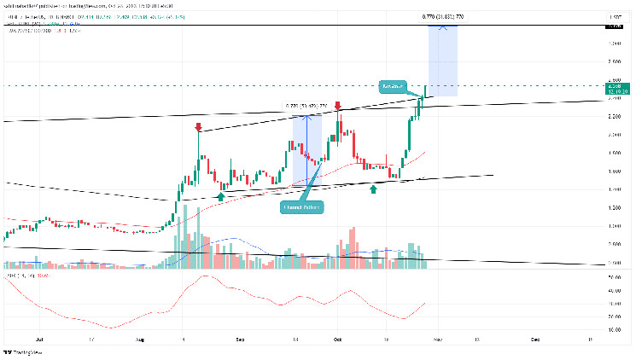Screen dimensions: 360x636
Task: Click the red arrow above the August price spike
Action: pyautogui.click(x=198, y=128)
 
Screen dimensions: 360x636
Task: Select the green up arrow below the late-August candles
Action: pyautogui.click(x=221, y=197)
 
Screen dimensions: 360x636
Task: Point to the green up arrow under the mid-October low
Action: pyautogui.click(x=373, y=188)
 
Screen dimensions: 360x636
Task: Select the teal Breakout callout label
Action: pyautogui.click(x=394, y=87)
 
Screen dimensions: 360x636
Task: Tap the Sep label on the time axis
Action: pyautogui.click(x=242, y=339)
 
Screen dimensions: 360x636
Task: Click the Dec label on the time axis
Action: pyautogui.click(x=535, y=339)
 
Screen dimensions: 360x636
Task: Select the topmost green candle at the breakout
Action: pyautogui.click(x=426, y=90)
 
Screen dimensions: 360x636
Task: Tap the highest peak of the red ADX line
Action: pyautogui.click(x=205, y=276)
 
